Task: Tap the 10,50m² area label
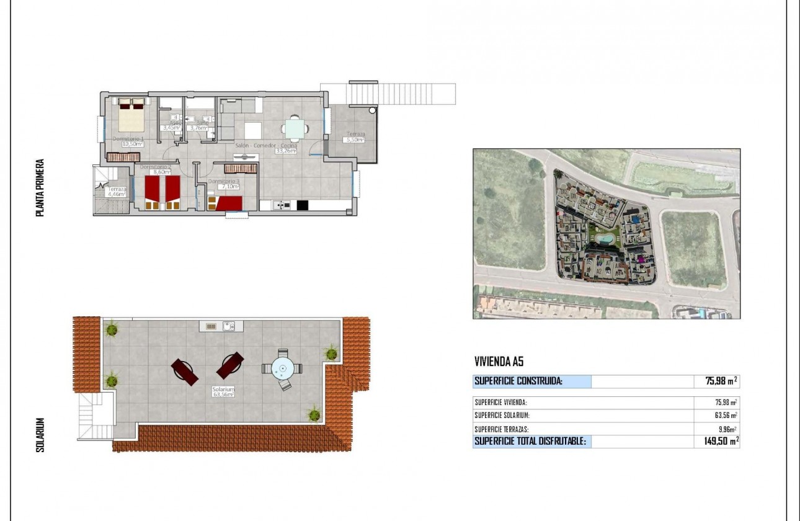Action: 133,143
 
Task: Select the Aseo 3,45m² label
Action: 169,128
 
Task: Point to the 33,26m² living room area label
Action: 286,150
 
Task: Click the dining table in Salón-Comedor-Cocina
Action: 295,128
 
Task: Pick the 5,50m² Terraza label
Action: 355,140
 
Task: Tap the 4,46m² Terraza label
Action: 117,194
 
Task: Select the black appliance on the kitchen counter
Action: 303,205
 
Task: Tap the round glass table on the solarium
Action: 283,368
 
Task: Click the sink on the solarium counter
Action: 229,326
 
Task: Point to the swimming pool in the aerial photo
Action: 603,238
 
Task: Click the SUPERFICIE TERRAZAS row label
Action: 505,429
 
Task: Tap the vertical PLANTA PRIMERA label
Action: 40,187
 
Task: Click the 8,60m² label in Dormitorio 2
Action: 162,172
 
